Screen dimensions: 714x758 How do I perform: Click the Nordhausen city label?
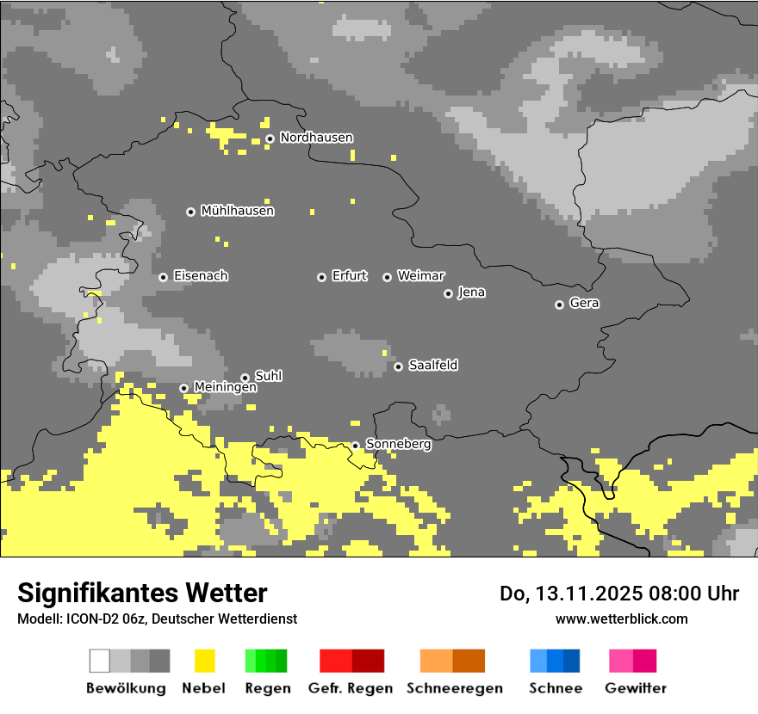[x=316, y=138]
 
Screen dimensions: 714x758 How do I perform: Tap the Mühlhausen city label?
[x=237, y=211]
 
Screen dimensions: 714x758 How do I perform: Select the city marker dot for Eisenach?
[x=163, y=277]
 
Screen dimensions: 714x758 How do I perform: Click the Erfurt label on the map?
[x=349, y=276]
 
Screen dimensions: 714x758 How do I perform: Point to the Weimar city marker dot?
[x=388, y=277]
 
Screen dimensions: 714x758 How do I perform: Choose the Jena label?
[x=471, y=292]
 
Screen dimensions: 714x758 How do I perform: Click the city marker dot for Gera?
[x=559, y=305]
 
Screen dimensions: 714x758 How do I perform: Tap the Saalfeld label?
[x=432, y=366]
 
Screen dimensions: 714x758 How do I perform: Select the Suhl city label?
[x=268, y=376]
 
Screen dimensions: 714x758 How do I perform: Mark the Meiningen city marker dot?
[x=183, y=388]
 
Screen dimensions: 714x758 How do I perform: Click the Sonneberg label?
[x=398, y=445]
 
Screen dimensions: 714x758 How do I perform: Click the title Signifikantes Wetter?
[x=142, y=593]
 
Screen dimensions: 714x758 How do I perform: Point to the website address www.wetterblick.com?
[x=621, y=619]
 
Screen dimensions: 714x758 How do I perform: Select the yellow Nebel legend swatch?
[x=204, y=661]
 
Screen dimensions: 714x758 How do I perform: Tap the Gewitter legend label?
[x=635, y=688]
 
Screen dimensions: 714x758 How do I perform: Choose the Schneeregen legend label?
[x=454, y=688]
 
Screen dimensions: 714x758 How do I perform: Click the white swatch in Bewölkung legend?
[x=99, y=661]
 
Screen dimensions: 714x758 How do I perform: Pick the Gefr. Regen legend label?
[x=350, y=688]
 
